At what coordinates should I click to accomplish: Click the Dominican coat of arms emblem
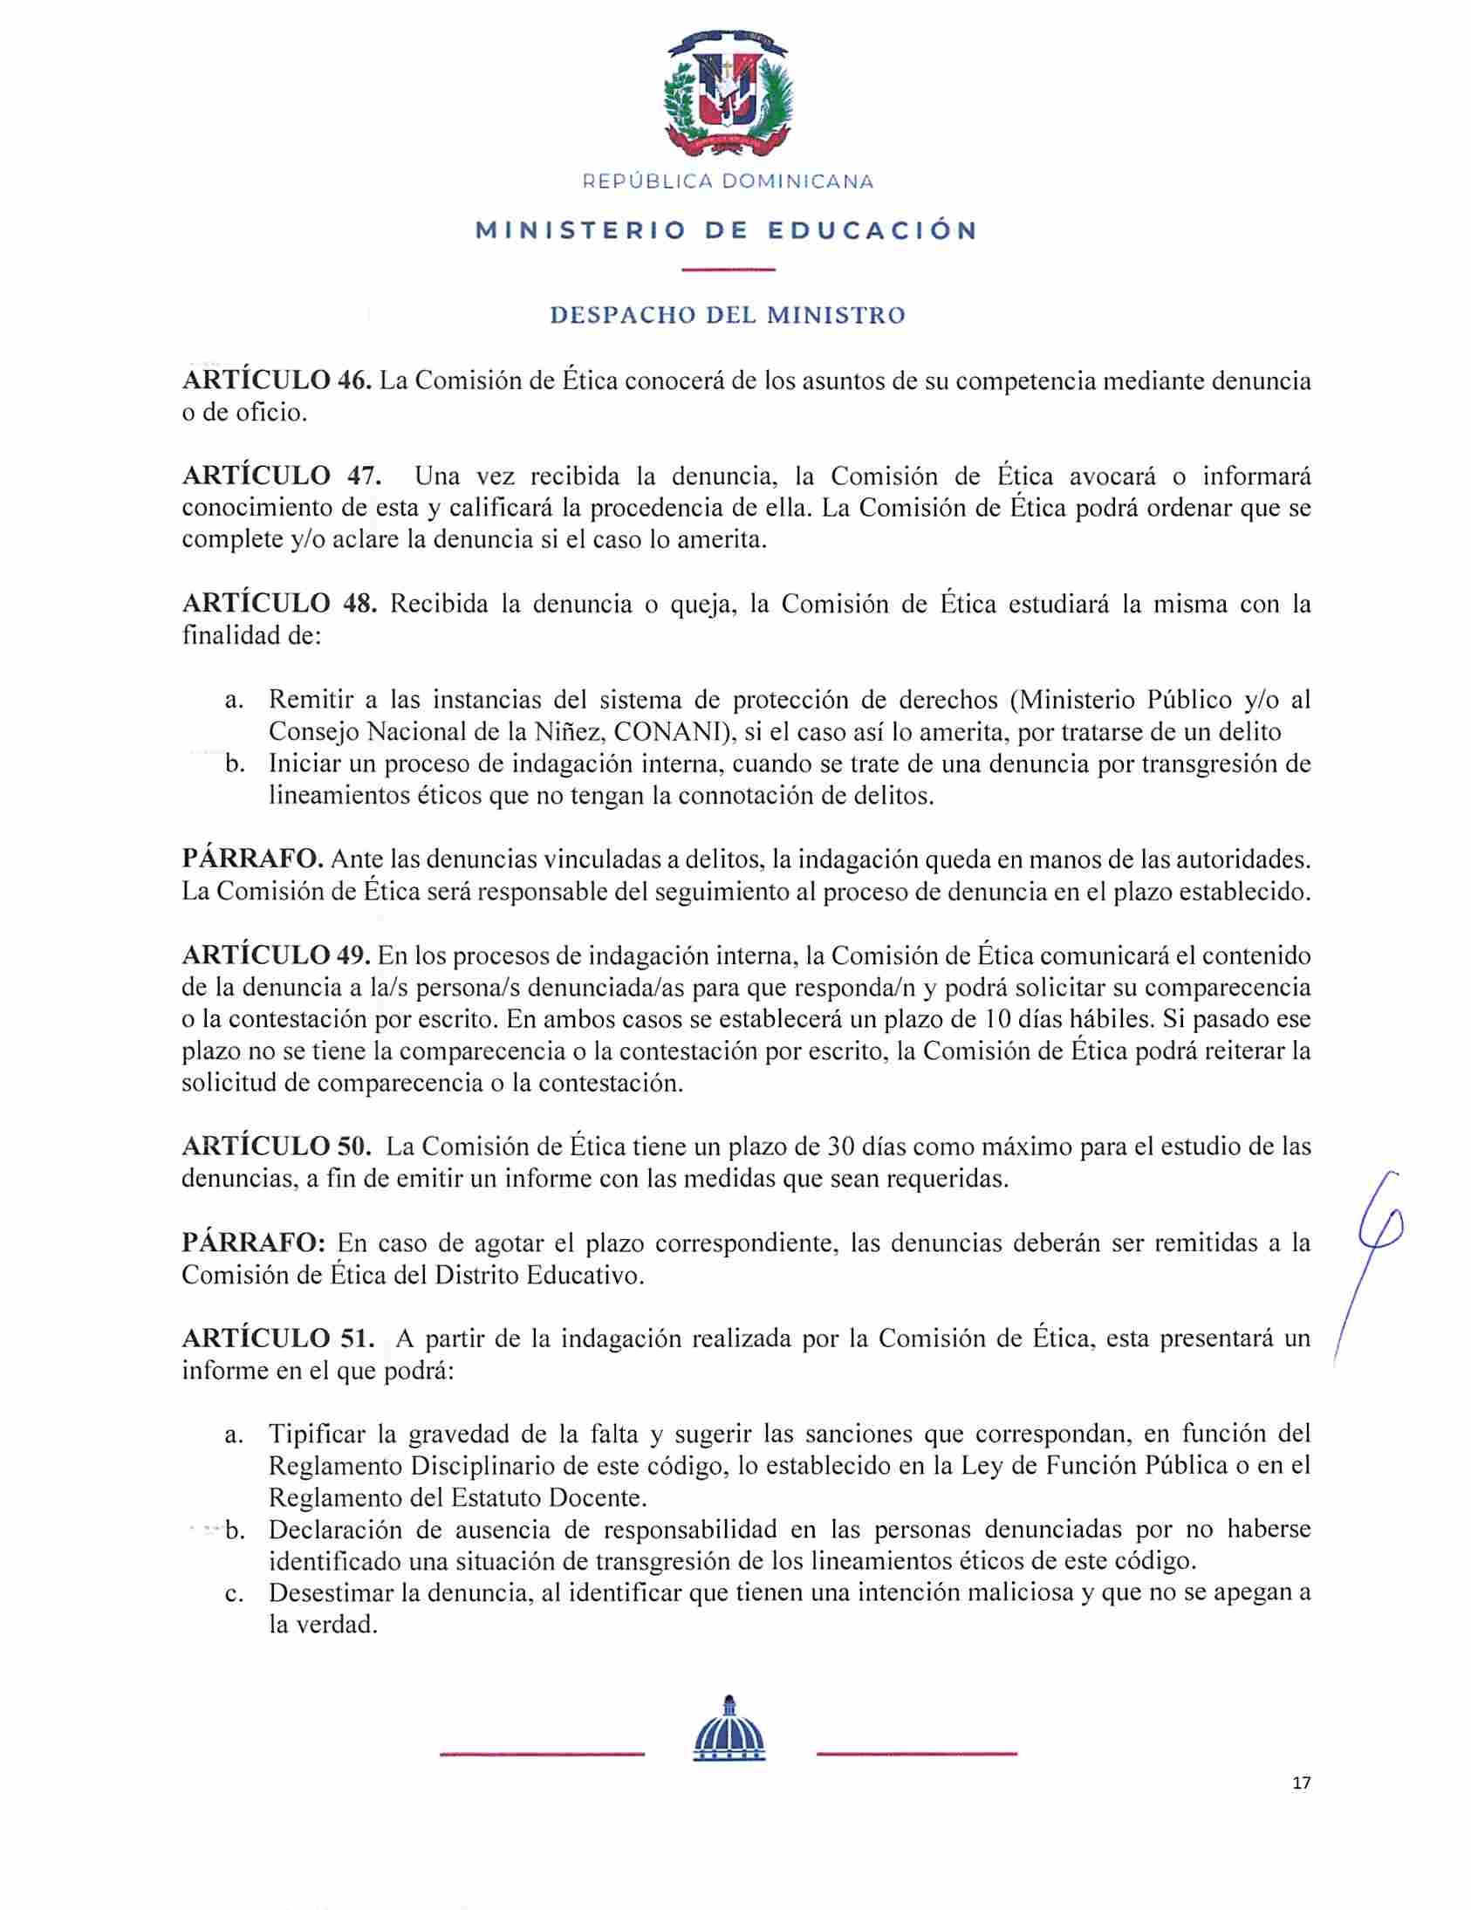click(x=728, y=92)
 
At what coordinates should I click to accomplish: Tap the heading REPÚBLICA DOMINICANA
click(x=728, y=181)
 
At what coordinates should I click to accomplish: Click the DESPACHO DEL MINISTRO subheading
click(x=728, y=315)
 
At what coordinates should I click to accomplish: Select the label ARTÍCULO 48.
click(x=279, y=605)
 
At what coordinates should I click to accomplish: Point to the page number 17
click(x=1301, y=1783)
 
